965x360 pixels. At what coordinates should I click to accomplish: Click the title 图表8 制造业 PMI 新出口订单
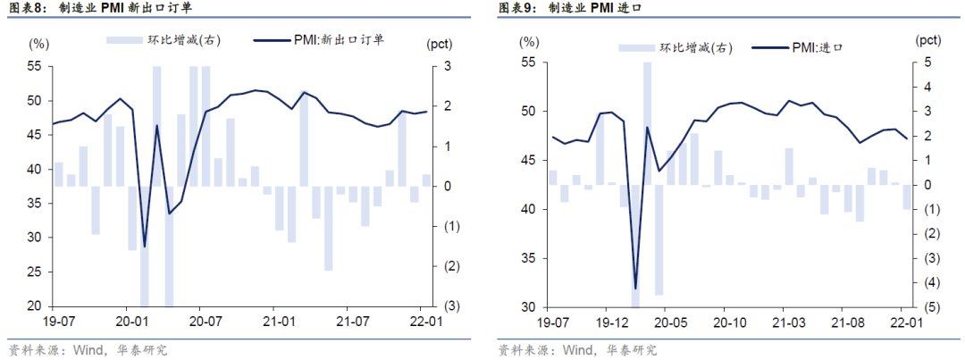pyautogui.click(x=99, y=9)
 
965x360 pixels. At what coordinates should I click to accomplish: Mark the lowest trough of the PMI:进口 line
pyautogui.click(x=635, y=289)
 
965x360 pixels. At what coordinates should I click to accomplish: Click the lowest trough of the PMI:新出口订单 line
pyautogui.click(x=144, y=246)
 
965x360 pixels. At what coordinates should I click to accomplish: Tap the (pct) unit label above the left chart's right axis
pyautogui.click(x=440, y=42)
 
